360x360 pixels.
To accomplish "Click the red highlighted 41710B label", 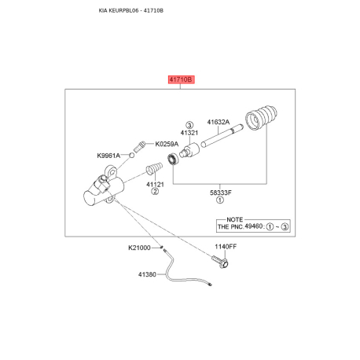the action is pyautogui.click(x=182, y=79).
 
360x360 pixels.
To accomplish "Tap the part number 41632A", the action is pyautogui.click(x=219, y=122).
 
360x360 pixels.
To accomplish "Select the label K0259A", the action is pyautogui.click(x=167, y=144).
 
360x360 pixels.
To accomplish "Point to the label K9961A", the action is pyautogui.click(x=108, y=156).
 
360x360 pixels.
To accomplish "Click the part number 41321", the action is pyautogui.click(x=189, y=133).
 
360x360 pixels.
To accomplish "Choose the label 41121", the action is pyautogui.click(x=155, y=185).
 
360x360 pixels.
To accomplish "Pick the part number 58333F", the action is pyautogui.click(x=221, y=193).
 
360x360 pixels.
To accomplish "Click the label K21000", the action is pyautogui.click(x=139, y=248).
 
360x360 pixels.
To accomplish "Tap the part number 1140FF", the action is pyautogui.click(x=226, y=247).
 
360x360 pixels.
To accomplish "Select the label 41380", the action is pyautogui.click(x=147, y=274).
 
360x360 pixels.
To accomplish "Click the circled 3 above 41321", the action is pyautogui.click(x=189, y=125).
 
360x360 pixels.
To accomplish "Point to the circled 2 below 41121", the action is pyautogui.click(x=155, y=192).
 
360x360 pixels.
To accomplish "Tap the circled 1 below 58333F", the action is pyautogui.click(x=220, y=200).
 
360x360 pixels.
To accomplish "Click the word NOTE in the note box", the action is pyautogui.click(x=235, y=219).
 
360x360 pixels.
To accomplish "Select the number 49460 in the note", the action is pyautogui.click(x=253, y=226).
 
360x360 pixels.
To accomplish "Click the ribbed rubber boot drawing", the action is pyautogui.click(x=261, y=118).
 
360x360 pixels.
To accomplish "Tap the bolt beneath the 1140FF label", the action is pyautogui.click(x=220, y=262).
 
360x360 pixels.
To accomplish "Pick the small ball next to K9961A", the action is pyautogui.click(x=132, y=156).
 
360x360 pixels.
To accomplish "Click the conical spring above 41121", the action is pyautogui.click(x=154, y=168).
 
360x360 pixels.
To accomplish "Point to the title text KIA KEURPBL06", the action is pyautogui.click(x=119, y=11).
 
